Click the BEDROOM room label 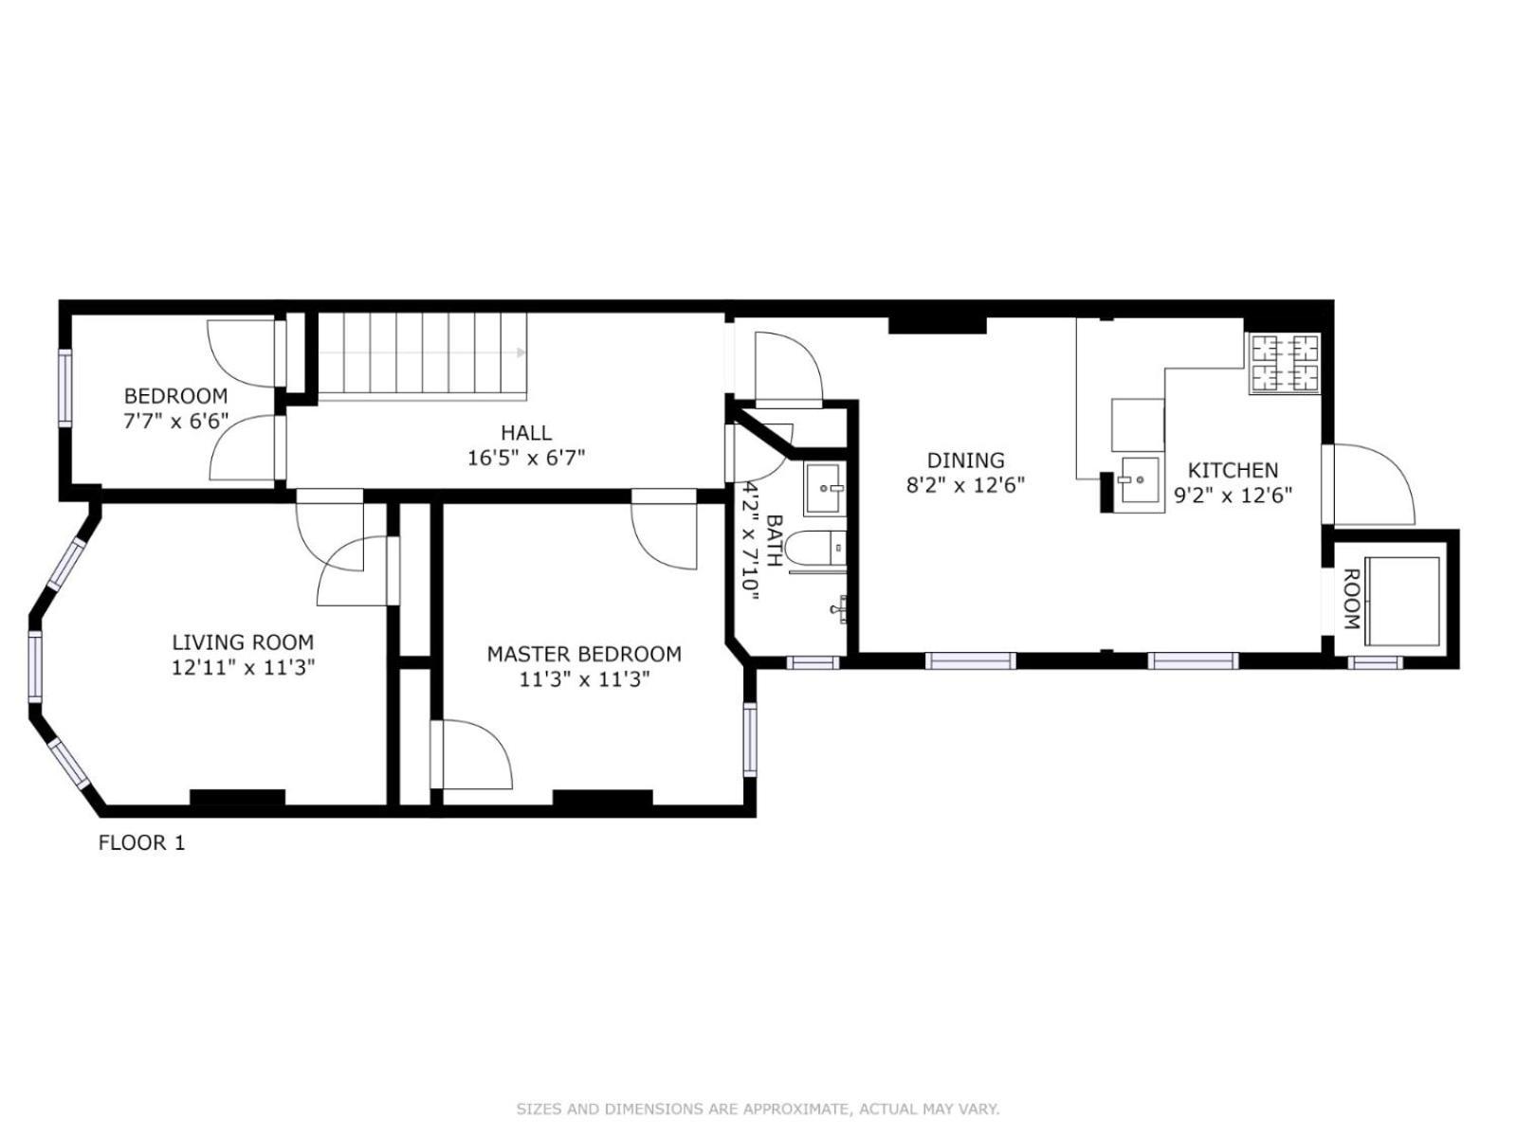[x=175, y=396]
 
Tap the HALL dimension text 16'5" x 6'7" [x=526, y=459]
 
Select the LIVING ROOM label [x=243, y=642]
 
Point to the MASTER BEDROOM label [x=584, y=654]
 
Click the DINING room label [x=965, y=460]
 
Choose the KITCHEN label [x=1233, y=470]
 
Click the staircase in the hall [x=421, y=353]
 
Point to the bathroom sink [x=824, y=488]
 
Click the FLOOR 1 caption [x=142, y=842]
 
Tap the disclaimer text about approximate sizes [x=758, y=1109]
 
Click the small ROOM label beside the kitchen [x=1351, y=599]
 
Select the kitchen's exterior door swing [x=1375, y=483]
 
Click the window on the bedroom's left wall [x=64, y=388]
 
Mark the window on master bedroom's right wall [x=750, y=740]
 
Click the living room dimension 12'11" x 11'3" [x=243, y=667]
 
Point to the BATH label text [x=774, y=541]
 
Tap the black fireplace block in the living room [x=237, y=797]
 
